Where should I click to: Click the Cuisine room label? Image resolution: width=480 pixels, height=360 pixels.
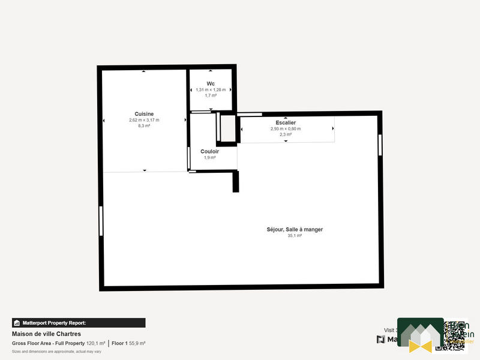pyautogui.click(x=144, y=114)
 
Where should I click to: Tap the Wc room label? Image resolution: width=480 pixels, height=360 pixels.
pyautogui.click(x=211, y=83)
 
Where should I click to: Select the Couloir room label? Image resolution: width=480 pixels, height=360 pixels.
pyautogui.click(x=209, y=151)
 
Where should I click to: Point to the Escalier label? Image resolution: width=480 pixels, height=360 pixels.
pyautogui.click(x=286, y=122)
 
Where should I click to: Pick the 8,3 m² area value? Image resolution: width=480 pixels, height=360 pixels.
pyautogui.click(x=144, y=126)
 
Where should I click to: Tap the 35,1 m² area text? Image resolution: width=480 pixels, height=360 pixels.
pyautogui.click(x=295, y=236)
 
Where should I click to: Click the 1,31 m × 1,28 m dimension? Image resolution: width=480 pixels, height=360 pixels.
pyautogui.click(x=211, y=89)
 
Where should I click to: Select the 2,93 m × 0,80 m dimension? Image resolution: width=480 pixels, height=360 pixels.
pyautogui.click(x=286, y=128)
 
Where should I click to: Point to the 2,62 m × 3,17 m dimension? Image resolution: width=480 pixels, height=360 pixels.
pyautogui.click(x=144, y=120)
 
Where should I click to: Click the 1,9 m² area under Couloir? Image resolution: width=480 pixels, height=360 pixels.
pyautogui.click(x=209, y=158)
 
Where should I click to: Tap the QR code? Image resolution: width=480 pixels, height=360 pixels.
pyautogui.click(x=454, y=335)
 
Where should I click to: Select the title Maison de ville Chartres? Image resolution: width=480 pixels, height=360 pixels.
pyautogui.click(x=46, y=334)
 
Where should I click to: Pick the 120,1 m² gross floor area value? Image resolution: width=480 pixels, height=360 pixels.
pyautogui.click(x=96, y=343)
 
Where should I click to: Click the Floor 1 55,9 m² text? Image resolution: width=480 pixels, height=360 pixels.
pyautogui.click(x=128, y=343)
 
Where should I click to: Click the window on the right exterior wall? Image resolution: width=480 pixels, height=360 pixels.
pyautogui.click(x=380, y=146)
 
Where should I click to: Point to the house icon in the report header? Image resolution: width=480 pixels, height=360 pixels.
pyautogui.click(x=17, y=323)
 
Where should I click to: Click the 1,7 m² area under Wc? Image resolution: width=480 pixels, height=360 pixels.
pyautogui.click(x=211, y=95)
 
